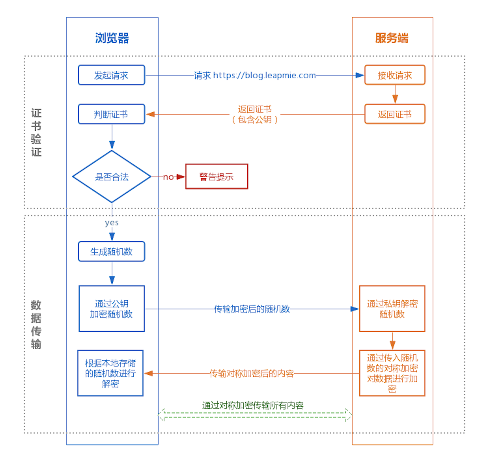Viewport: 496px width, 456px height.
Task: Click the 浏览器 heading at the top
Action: tap(112, 38)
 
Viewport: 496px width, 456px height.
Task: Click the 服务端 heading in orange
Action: tap(392, 38)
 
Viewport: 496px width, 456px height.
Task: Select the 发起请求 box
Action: tap(111, 75)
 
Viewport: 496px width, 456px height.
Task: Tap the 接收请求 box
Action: tap(395, 75)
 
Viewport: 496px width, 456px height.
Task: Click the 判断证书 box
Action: tap(111, 114)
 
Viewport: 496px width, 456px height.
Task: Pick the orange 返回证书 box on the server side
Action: tap(395, 114)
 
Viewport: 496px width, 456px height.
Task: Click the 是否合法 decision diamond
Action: tap(112, 177)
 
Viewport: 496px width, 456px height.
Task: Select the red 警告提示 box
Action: tap(217, 177)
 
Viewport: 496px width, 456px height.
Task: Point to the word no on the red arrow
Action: tap(168, 177)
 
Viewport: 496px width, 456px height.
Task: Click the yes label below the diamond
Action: tap(112, 223)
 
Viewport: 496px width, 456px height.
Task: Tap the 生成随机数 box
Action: tap(111, 251)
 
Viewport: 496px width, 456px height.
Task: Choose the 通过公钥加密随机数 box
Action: tap(111, 309)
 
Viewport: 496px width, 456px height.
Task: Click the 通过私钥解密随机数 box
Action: tap(392, 309)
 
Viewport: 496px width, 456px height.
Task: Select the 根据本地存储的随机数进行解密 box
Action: tap(110, 373)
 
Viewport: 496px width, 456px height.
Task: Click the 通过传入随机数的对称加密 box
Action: tap(392, 373)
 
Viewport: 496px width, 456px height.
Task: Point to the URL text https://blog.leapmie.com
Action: tap(264, 75)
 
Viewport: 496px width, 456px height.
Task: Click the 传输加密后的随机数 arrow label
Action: tap(252, 309)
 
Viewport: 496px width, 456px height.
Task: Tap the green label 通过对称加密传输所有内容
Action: tap(253, 405)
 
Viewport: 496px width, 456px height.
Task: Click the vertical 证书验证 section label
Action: tap(36, 132)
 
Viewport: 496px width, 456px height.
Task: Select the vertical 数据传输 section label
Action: tap(36, 324)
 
